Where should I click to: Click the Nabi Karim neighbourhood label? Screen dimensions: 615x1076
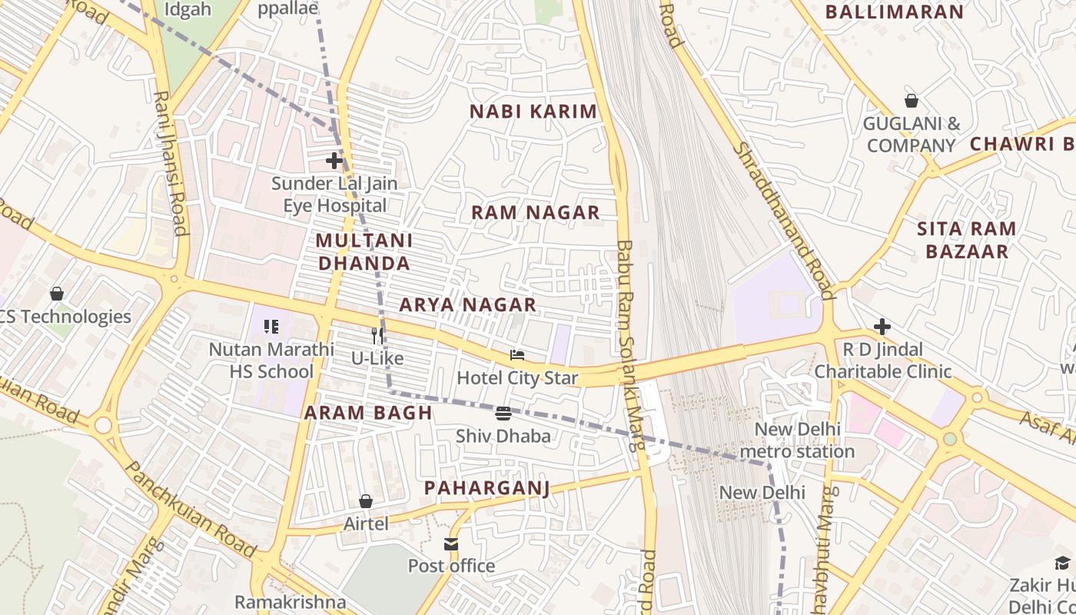[x=533, y=111]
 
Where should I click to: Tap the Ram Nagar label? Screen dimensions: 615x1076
[x=535, y=213]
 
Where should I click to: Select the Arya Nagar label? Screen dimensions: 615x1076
[x=467, y=305]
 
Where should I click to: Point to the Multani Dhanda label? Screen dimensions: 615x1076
[x=364, y=252]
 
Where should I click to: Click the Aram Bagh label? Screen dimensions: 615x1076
[x=368, y=413]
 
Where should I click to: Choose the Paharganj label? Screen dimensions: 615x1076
[x=487, y=488]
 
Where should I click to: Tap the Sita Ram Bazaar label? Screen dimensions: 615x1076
[x=967, y=240]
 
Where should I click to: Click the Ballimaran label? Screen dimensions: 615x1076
[x=894, y=12]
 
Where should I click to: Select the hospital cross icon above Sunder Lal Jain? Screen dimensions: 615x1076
[x=334, y=161]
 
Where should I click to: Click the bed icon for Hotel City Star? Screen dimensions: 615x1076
[x=517, y=355]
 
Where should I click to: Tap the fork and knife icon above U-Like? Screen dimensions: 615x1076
[x=377, y=335]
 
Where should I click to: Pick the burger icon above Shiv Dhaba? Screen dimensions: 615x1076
[x=503, y=414]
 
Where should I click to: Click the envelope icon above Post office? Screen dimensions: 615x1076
[x=451, y=544]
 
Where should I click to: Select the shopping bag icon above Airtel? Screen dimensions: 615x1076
[x=366, y=501]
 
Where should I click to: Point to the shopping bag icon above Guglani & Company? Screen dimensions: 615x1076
[x=911, y=101]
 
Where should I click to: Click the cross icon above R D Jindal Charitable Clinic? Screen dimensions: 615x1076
[x=882, y=327]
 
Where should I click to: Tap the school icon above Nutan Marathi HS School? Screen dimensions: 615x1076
[x=271, y=327]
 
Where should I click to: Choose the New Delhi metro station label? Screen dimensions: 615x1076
[x=798, y=440]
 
